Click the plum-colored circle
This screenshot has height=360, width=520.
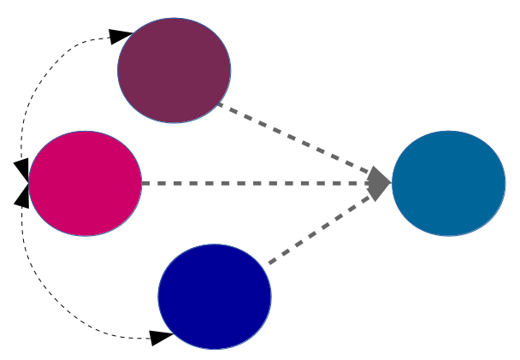point(174,70)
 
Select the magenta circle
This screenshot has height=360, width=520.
point(85,183)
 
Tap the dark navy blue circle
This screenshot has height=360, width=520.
point(215,297)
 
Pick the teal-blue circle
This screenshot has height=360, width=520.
point(448,183)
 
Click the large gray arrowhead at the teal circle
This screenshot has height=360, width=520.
point(378,183)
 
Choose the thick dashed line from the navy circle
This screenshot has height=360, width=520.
point(316,230)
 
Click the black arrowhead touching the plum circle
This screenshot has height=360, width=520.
point(121,36)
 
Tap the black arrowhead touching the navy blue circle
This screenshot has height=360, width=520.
point(161,338)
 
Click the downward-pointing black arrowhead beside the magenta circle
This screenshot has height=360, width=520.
point(22,169)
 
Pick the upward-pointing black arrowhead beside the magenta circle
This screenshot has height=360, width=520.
point(22,196)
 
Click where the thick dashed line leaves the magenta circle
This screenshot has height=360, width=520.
point(143,183)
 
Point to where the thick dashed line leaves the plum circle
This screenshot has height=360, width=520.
point(218,103)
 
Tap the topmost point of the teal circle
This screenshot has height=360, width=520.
point(448,131)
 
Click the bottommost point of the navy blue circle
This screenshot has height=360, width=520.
point(215,349)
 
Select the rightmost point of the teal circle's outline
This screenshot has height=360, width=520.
point(505,183)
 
